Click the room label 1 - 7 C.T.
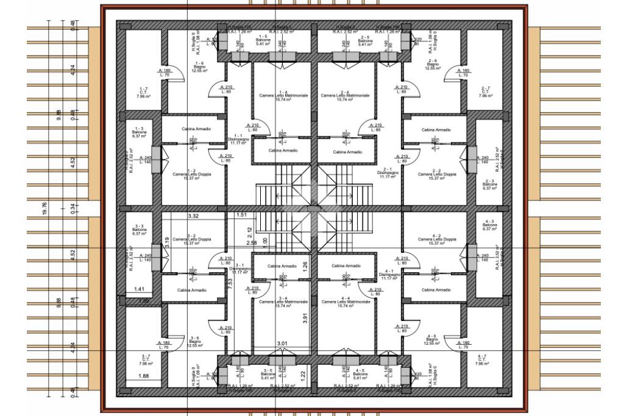143,92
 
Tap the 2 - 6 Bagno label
433,65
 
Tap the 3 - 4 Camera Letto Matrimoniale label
283,301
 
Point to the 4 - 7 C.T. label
482,360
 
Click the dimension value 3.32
194,216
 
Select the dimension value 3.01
282,344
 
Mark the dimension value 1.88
144,376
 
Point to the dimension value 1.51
241,215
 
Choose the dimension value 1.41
139,289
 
